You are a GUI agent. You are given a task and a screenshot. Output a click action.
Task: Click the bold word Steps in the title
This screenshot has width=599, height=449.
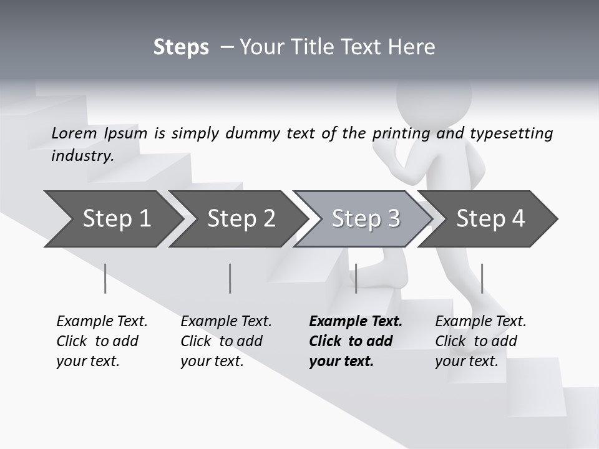click(181, 47)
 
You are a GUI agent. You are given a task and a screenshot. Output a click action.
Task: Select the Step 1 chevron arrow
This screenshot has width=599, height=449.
click(112, 219)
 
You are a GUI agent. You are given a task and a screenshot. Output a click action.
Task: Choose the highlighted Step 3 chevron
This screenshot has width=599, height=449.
click(365, 219)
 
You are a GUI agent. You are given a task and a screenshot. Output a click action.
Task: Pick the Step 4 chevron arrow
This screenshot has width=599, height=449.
click(490, 219)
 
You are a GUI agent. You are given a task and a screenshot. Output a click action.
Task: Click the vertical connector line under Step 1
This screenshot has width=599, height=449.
click(105, 278)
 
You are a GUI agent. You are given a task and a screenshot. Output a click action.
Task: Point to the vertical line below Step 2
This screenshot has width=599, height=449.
click(230, 278)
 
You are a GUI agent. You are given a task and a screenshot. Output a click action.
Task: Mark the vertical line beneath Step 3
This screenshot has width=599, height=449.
click(356, 278)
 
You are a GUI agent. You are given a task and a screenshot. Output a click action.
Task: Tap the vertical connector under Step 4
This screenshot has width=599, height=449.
click(482, 278)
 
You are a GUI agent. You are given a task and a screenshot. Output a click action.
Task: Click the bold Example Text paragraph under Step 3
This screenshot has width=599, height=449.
click(356, 341)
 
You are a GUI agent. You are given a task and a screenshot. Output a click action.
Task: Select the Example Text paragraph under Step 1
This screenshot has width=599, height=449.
click(102, 341)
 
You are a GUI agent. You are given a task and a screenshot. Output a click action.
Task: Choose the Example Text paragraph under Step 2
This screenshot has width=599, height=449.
click(226, 341)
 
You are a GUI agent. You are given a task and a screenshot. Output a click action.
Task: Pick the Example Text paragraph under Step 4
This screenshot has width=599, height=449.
click(480, 341)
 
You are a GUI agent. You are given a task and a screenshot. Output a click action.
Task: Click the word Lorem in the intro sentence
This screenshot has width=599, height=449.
click(74, 133)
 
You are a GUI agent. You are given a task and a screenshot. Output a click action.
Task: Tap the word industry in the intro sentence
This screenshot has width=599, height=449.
click(82, 155)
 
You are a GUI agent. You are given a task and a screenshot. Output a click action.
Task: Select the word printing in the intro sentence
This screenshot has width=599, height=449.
click(401, 133)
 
